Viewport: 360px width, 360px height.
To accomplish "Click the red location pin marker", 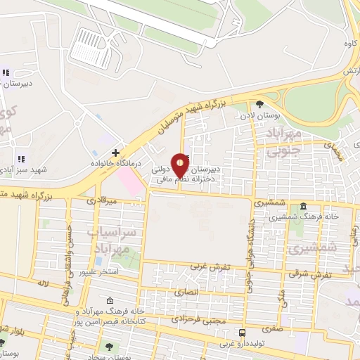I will click(180, 165).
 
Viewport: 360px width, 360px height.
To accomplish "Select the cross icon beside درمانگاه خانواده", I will click(115, 153).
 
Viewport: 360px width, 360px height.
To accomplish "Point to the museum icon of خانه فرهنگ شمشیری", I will click(302, 207).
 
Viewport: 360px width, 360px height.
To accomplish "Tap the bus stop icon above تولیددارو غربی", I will click(243, 332).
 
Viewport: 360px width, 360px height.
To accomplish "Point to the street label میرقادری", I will click(101, 200).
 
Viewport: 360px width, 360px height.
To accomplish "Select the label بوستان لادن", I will click(259, 114).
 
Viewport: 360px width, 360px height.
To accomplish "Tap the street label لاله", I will click(43, 283).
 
